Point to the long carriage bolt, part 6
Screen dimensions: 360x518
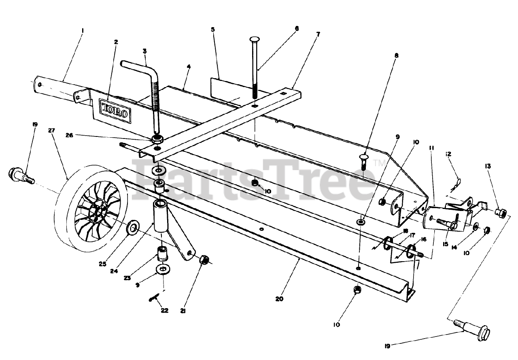255,69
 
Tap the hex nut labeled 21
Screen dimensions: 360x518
204,260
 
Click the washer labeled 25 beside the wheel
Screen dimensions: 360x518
133,228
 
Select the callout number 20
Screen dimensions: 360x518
279,299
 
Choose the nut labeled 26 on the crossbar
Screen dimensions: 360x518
157,140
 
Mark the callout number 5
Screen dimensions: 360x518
213,30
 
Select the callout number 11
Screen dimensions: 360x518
432,148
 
